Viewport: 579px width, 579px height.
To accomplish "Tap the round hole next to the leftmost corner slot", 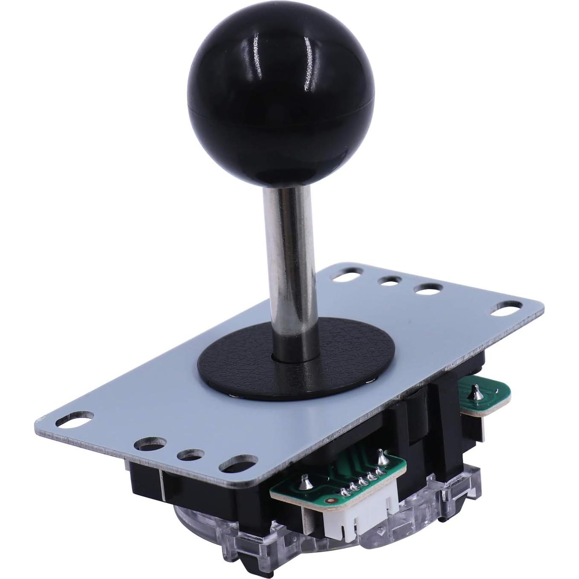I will point(147,445).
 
